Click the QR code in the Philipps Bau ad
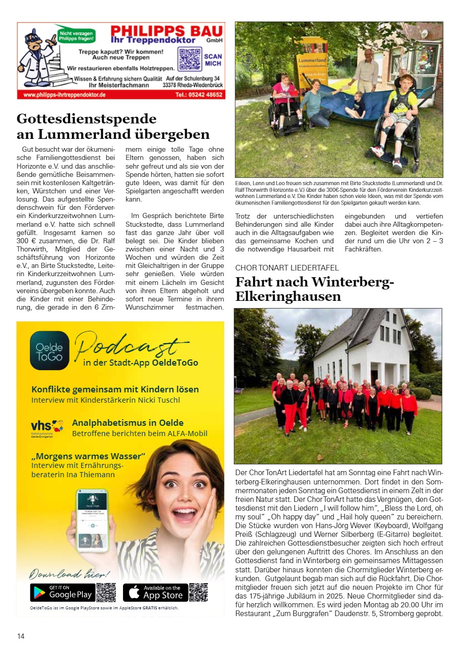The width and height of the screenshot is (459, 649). tap(189, 59)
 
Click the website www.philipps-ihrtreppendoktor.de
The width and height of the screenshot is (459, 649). tap(64, 95)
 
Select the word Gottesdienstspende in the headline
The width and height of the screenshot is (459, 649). tap(86, 119)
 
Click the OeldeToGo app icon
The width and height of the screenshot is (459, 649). tap(49, 350)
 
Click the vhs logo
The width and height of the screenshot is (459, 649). tap(47, 427)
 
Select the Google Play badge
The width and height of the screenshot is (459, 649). tap(62, 592)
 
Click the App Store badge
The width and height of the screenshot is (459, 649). tap(155, 592)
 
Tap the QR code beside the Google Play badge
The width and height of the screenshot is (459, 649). tap(106, 592)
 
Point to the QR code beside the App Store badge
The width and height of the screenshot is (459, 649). tap(198, 592)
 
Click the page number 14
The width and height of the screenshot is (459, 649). tap(21, 636)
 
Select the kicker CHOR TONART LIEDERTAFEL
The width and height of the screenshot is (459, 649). tap(287, 268)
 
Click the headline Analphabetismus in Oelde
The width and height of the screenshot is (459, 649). tap(128, 423)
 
